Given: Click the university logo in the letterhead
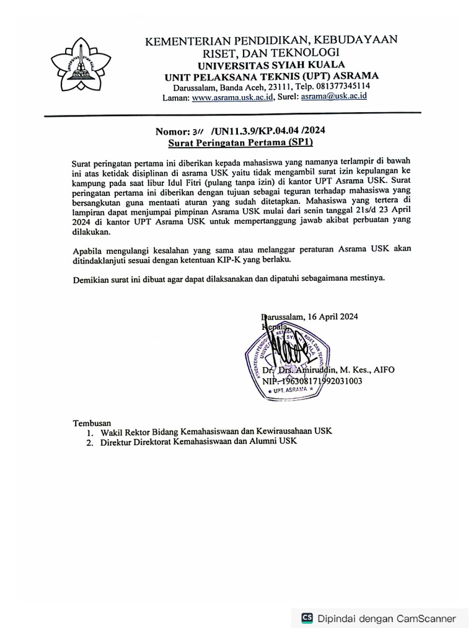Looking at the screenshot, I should pos(77,61).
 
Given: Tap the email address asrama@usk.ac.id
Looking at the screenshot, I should pos(335,97).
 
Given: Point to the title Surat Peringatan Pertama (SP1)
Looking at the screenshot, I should pos(242,142).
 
